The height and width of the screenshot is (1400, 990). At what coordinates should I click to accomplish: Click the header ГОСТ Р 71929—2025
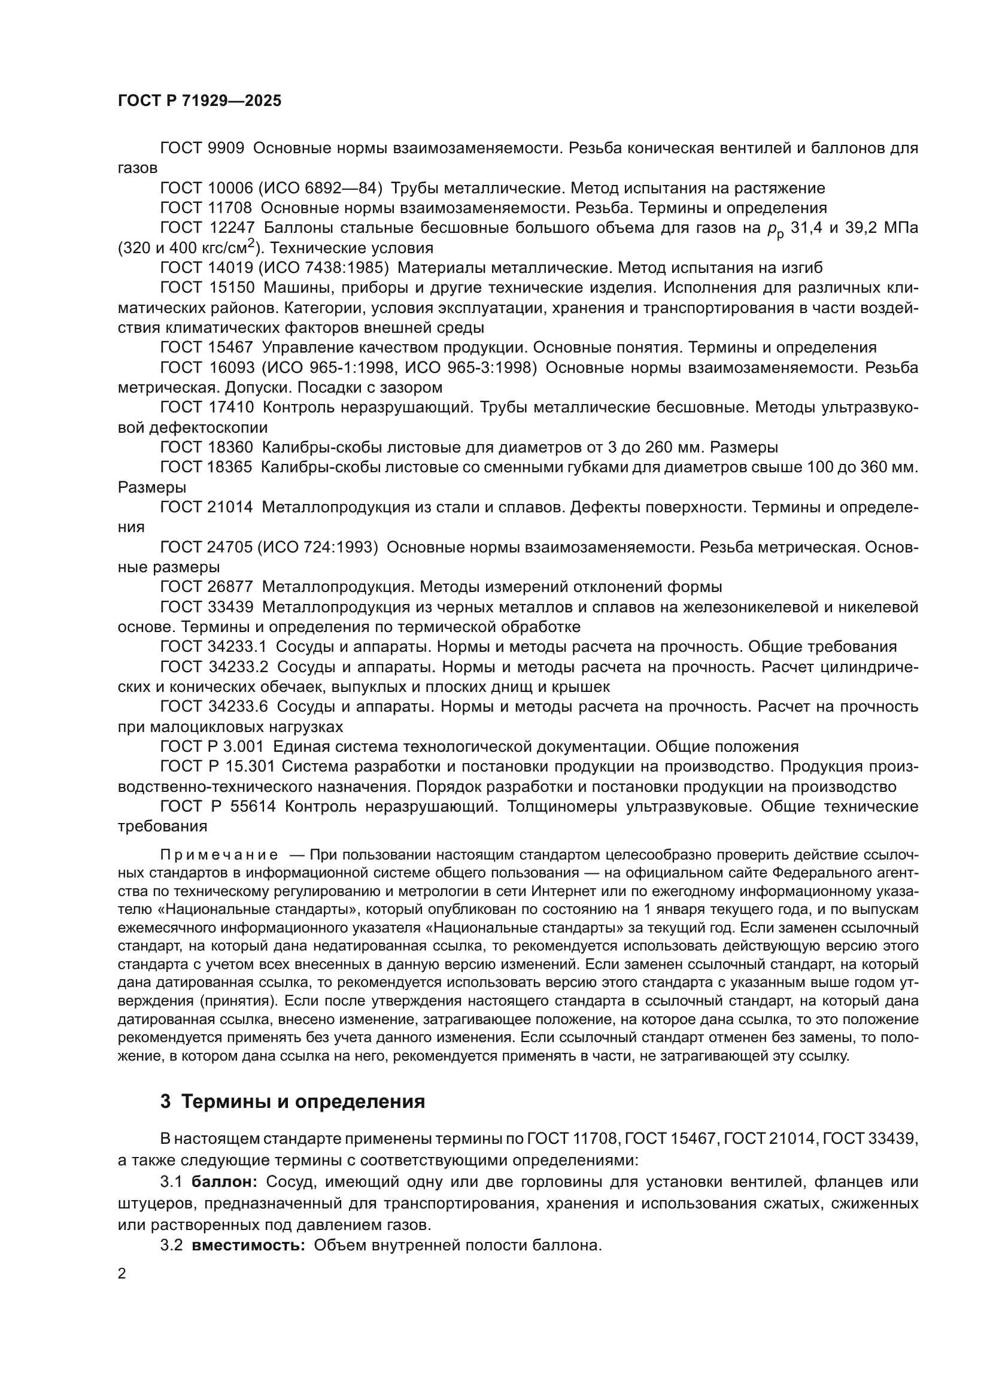pos(199,101)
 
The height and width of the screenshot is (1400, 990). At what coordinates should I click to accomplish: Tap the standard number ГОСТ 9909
pos(202,148)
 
